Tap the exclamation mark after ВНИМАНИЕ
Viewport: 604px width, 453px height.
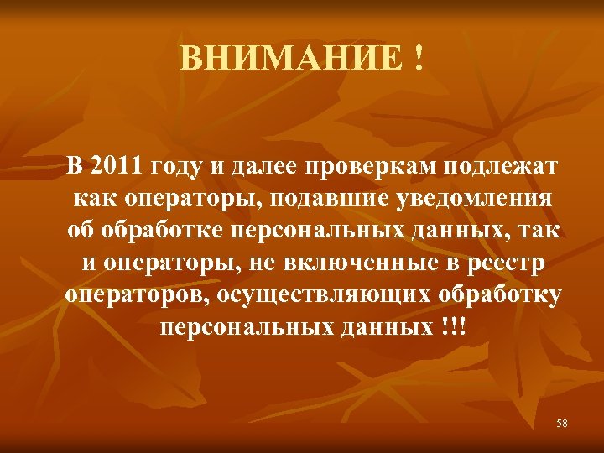(417, 58)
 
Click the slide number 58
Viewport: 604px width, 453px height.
(561, 424)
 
